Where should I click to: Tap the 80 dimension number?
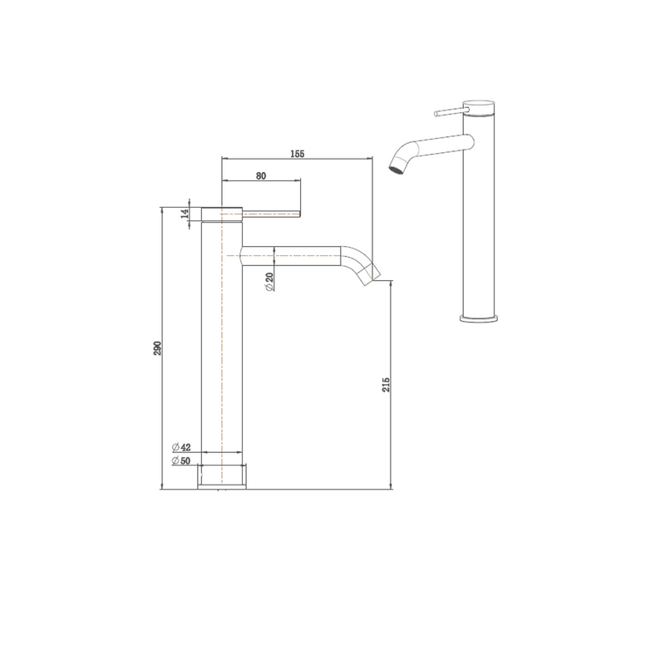tap(261, 176)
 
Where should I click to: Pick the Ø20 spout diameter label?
tap(271, 282)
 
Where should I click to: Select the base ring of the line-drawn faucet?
tap(223, 476)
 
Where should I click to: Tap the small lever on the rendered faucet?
tap(448, 110)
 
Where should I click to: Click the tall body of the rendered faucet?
tap(480, 224)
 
